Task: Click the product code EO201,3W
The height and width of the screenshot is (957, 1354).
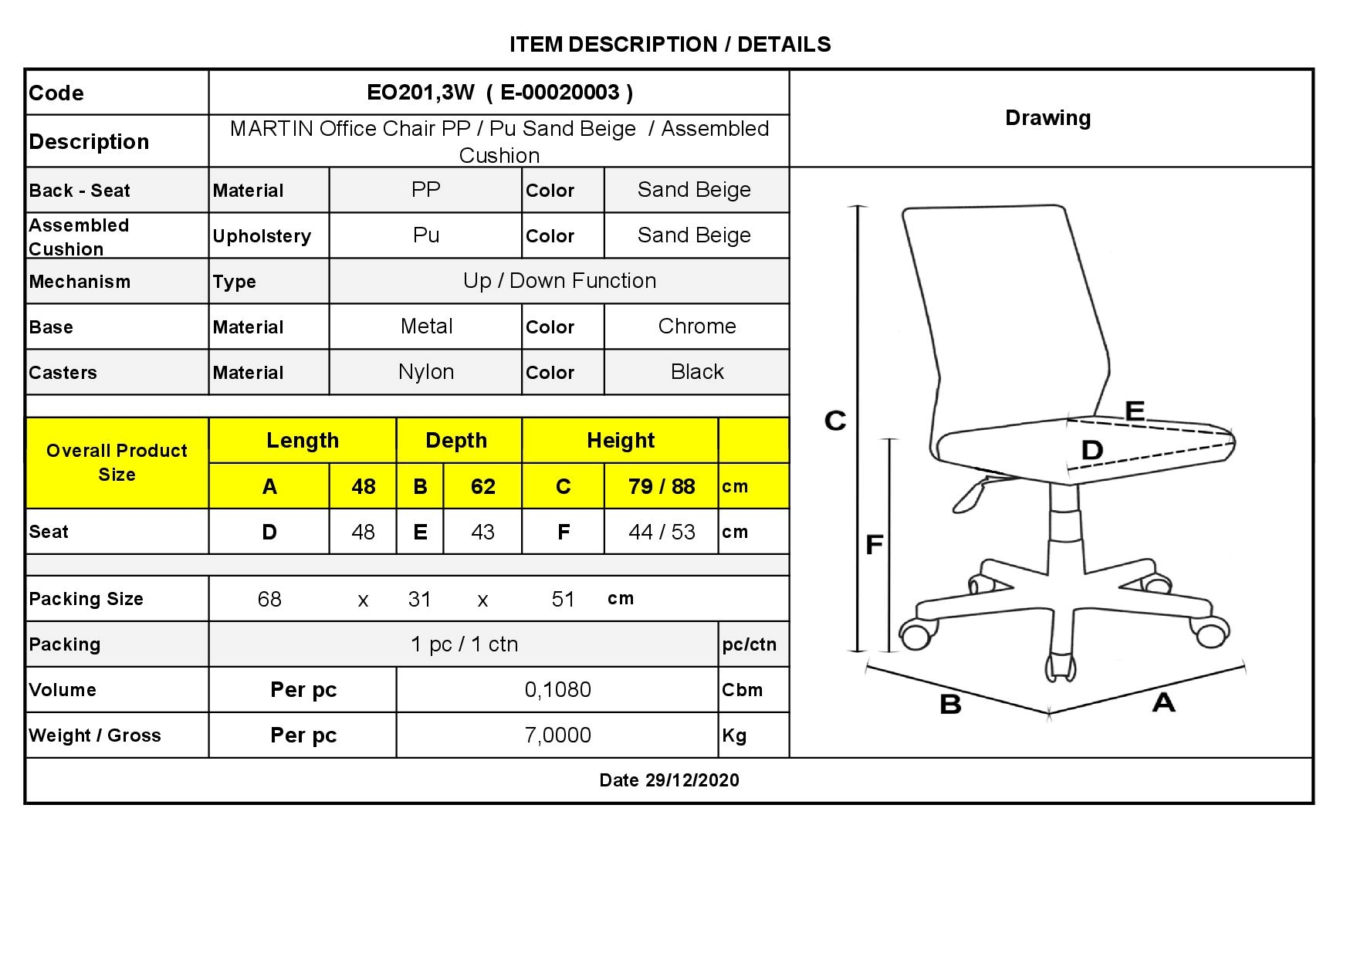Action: pyautogui.click(x=421, y=93)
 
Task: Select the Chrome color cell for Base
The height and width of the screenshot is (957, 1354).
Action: pyautogui.click(x=697, y=326)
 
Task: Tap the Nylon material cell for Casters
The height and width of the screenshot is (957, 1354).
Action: pyautogui.click(x=426, y=372)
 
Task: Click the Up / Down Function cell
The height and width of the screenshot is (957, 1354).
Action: pyautogui.click(x=560, y=281)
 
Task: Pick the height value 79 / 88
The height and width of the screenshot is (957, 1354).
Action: pyautogui.click(x=662, y=486)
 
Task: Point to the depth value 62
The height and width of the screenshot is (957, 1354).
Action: pyautogui.click(x=483, y=486)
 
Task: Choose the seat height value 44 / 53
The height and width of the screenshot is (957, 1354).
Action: pyautogui.click(x=662, y=532)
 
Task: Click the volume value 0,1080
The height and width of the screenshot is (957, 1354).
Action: pyautogui.click(x=558, y=690)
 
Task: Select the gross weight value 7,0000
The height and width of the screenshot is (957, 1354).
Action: pyautogui.click(x=558, y=736)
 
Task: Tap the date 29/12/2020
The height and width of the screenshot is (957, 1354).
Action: pyautogui.click(x=692, y=780)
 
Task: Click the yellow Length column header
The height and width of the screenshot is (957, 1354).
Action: pyautogui.click(x=303, y=441)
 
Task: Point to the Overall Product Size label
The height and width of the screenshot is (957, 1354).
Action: pyautogui.click(x=117, y=462)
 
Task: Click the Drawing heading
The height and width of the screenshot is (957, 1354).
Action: pyautogui.click(x=1048, y=118)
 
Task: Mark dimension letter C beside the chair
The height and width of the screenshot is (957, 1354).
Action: pyautogui.click(x=835, y=421)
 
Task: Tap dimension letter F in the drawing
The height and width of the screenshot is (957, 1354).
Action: pyautogui.click(x=874, y=545)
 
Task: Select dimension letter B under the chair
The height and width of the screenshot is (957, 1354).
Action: pyautogui.click(x=950, y=704)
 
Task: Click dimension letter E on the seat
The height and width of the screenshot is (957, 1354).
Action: pyautogui.click(x=1134, y=410)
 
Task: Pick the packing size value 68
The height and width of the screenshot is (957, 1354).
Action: pyautogui.click(x=269, y=600)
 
